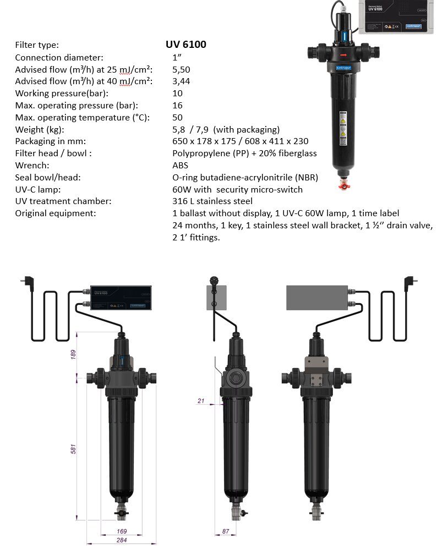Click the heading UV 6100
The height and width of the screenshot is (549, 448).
point(186,45)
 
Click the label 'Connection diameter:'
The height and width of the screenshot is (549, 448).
point(59,57)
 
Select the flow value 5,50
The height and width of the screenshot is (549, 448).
point(182,69)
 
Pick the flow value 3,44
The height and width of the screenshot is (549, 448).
point(182,81)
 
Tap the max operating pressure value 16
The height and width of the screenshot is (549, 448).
point(177,105)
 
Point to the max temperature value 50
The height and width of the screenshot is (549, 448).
point(177,117)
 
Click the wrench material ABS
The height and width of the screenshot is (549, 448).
point(180,165)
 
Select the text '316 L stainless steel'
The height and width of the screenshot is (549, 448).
point(212,201)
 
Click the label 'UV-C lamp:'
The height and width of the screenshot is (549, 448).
point(38,189)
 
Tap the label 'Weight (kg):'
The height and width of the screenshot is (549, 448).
point(40,129)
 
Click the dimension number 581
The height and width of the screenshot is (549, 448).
point(73,448)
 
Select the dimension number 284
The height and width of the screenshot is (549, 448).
point(122,540)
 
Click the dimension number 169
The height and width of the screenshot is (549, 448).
point(122,531)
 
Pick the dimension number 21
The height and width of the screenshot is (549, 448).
point(201,401)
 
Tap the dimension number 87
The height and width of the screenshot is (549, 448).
point(225,531)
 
